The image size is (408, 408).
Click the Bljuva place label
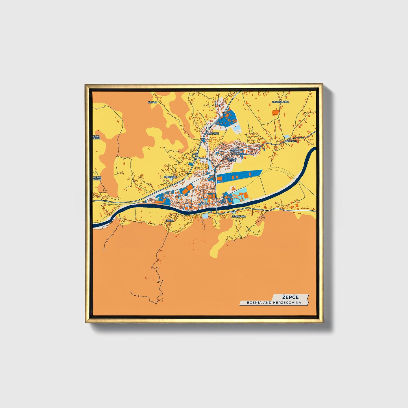tap(152, 102)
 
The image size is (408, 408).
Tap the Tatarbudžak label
tap(281, 102)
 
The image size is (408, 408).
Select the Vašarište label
tap(213, 133)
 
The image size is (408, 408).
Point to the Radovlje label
tap(291, 141)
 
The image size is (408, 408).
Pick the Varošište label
tap(170, 177)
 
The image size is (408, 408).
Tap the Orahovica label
tap(239, 216)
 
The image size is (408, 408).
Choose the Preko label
tap(170, 221)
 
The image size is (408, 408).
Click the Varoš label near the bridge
tap(222, 202)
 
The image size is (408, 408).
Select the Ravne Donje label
tap(97, 178)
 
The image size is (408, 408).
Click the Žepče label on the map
tap(204, 204)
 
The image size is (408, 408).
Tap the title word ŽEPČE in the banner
tap(290, 297)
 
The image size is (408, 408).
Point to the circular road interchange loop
tap(194, 156)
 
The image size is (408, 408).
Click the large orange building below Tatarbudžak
tap(275, 112)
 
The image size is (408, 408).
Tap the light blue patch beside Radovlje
tap(287, 137)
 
